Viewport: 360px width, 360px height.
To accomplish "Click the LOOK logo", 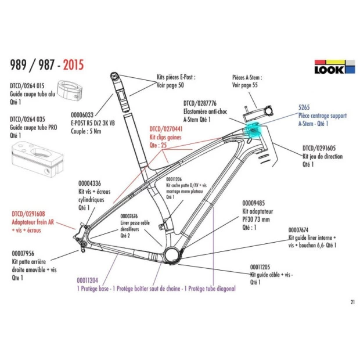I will pos(334,67).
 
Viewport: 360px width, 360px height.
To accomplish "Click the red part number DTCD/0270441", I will pos(167,128).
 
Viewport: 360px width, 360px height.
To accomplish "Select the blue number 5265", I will pos(304,107).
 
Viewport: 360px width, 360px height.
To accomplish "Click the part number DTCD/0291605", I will pos(322,149).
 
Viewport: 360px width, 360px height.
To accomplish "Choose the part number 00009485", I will pos(253,203).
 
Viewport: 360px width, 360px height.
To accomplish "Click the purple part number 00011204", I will pos(87,279).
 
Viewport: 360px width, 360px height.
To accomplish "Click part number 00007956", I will pos(23,253).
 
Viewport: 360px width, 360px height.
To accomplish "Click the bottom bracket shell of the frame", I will pos(172,254).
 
